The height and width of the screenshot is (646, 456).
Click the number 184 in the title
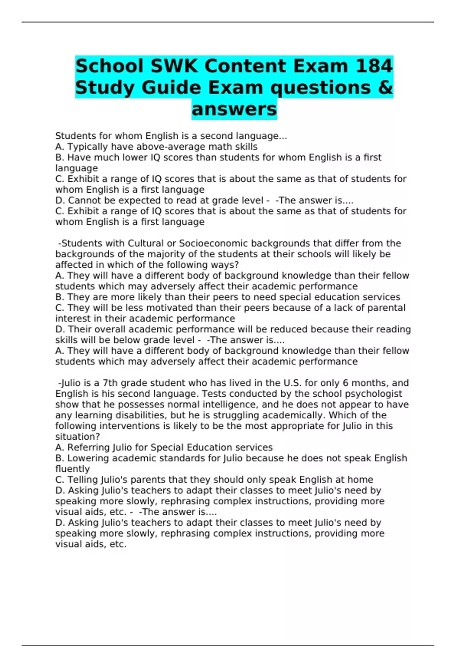tap(374, 66)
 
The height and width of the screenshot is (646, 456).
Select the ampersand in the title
tap(385, 88)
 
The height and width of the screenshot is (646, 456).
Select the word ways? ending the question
tap(224, 265)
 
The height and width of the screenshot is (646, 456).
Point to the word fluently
tap(73, 469)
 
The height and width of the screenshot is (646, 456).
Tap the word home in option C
tap(360, 480)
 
